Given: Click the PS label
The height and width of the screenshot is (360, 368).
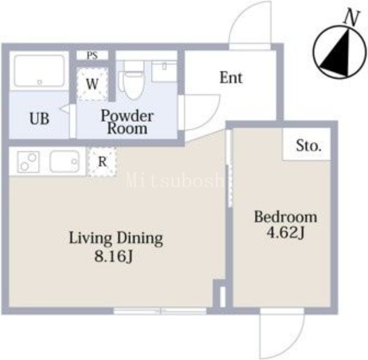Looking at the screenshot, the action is [92, 56].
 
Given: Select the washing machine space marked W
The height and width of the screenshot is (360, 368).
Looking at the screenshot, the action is [92, 84].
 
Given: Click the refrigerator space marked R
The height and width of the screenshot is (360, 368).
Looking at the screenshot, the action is [102, 161].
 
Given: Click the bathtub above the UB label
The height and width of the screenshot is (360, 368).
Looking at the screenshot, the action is [39, 71].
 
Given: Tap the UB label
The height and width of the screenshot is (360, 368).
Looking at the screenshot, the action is [40, 119].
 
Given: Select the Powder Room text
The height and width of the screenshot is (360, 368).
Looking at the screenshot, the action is [127, 122].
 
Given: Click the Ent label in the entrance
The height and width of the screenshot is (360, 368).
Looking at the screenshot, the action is [231, 78].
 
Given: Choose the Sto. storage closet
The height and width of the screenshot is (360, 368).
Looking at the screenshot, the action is [307, 144].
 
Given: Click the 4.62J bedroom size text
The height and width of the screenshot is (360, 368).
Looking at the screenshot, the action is [286, 233].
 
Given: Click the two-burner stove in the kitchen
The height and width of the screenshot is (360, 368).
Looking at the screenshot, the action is [29, 162].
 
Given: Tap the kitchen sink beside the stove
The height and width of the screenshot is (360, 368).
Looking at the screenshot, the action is [63, 161].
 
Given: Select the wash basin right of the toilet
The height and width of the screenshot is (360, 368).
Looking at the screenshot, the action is [164, 71].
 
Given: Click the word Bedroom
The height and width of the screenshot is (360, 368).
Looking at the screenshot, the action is [286, 217].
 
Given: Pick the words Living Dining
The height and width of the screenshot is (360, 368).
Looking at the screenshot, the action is [116, 238].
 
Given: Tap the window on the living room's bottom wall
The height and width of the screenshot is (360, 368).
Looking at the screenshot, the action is [160, 311].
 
